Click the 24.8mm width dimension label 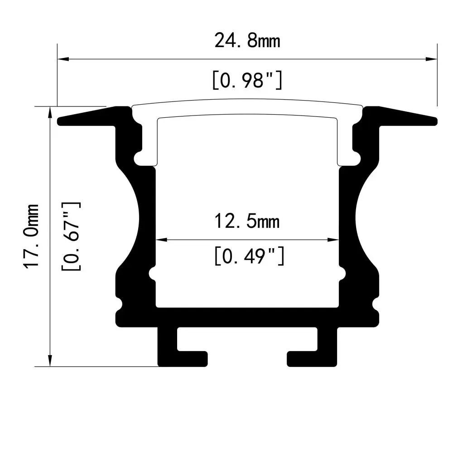coord(247,41)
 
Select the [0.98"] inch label coord(247,80)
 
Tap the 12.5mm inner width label coord(247,222)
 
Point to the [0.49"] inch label coord(249,256)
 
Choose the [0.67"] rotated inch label coord(71,236)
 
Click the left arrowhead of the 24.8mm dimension coord(63,59)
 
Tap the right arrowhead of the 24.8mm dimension coord(432,59)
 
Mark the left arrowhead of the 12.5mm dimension coord(162,240)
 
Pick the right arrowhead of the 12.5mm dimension coord(333,240)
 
